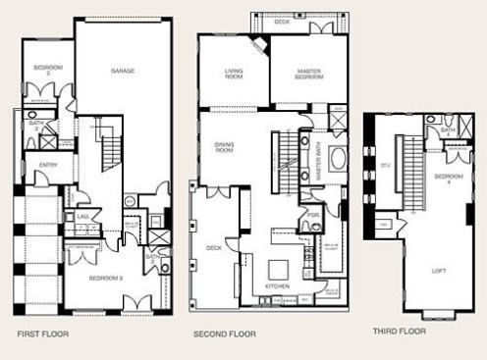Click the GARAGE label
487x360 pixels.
(123, 71)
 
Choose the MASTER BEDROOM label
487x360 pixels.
(308, 73)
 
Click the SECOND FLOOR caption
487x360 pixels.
(224, 334)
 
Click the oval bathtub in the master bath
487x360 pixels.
(338, 160)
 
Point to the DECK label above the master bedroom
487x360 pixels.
(282, 20)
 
